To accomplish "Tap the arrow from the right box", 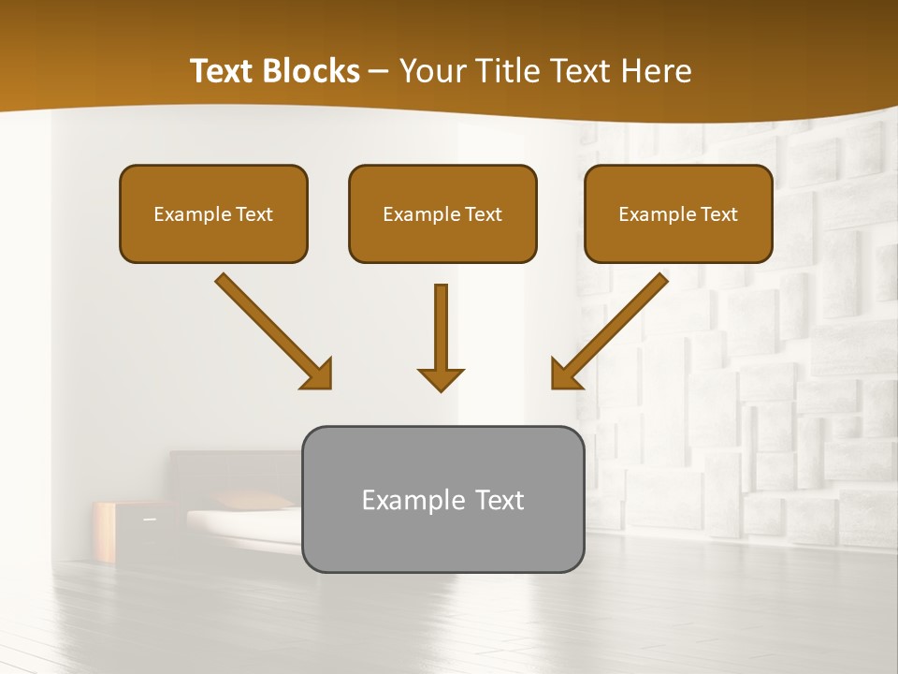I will [613, 328].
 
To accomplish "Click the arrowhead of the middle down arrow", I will [441, 379].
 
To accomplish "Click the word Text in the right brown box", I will [718, 214].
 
